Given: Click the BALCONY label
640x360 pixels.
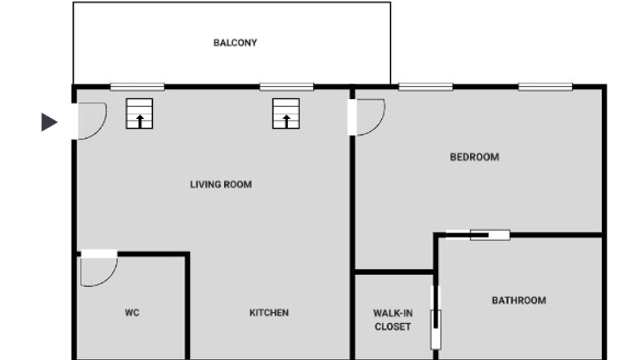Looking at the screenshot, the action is pyautogui.click(x=235, y=43).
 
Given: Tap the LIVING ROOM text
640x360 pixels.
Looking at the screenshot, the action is pyautogui.click(x=221, y=184).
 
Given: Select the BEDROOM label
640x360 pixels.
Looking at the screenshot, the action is pyautogui.click(x=474, y=157).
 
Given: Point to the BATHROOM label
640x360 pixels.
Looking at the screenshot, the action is pyautogui.click(x=519, y=300).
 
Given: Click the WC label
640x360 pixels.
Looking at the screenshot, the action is pyautogui.click(x=132, y=312).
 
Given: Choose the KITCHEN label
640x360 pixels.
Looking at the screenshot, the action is pyautogui.click(x=269, y=312).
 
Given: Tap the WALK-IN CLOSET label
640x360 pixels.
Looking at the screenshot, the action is pyautogui.click(x=393, y=320).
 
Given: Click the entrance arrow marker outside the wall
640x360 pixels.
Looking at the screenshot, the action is pyautogui.click(x=49, y=122).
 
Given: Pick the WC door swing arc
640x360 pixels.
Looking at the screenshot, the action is pyautogui.click(x=110, y=277).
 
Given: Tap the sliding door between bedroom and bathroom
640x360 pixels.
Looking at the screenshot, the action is pyautogui.click(x=477, y=235).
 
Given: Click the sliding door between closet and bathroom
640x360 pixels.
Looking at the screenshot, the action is pyautogui.click(x=435, y=317).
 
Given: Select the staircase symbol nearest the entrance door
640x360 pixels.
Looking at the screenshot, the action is pyautogui.click(x=139, y=113).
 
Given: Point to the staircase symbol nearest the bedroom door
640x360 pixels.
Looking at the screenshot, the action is pyautogui.click(x=286, y=113).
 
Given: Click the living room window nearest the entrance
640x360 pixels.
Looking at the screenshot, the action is pyautogui.click(x=137, y=86).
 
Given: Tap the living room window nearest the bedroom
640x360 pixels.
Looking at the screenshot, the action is pyautogui.click(x=286, y=86).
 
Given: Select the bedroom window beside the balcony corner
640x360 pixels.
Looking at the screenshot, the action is pyautogui.click(x=425, y=86).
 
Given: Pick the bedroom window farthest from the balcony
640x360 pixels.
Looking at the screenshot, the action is pyautogui.click(x=545, y=86).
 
